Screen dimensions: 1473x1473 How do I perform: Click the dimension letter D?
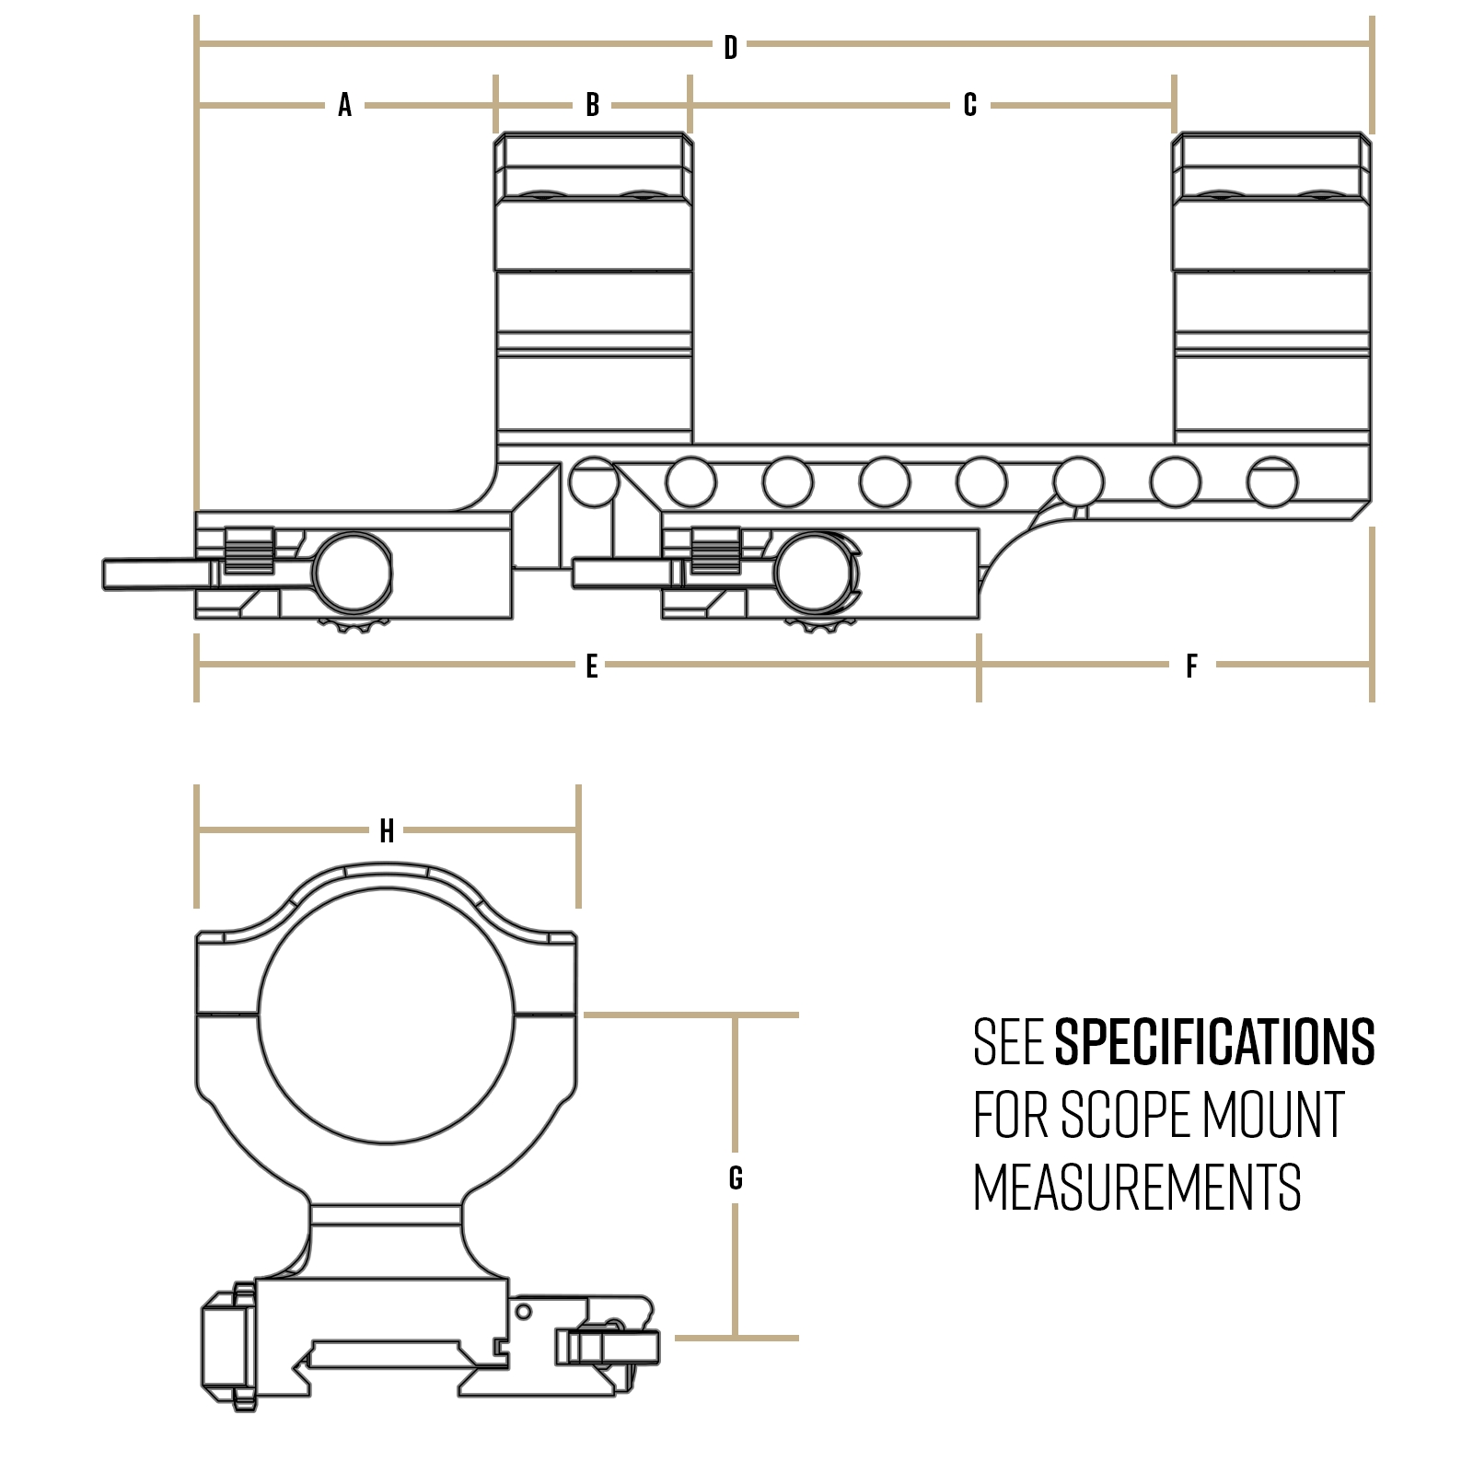coord(730,47)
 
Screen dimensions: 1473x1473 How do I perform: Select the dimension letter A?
coord(345,105)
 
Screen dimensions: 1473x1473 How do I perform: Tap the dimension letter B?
coord(592,105)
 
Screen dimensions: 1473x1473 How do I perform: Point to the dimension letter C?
coord(969,105)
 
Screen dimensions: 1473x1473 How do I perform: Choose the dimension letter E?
coord(591,666)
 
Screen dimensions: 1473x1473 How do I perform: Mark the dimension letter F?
coord(1191,666)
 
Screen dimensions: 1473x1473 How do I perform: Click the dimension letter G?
coord(735,1177)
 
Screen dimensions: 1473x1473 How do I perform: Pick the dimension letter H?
coord(387,831)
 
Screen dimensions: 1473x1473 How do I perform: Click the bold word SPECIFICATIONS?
coord(1214,1042)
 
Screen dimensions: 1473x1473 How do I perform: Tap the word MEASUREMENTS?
coord(1137,1188)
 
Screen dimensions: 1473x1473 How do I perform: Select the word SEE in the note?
coord(1007,1042)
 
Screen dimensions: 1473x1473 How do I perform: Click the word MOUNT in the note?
coord(1273,1115)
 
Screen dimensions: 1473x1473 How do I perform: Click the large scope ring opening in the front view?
coord(387,1016)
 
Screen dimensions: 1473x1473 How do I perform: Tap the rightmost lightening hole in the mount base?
coord(1272,481)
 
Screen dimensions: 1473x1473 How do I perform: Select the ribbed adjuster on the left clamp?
coord(249,551)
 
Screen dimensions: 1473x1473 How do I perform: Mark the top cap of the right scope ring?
coord(1271,166)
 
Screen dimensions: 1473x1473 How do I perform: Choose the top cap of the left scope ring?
coord(594,166)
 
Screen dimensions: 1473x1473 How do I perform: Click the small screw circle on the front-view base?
coord(522,1311)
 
